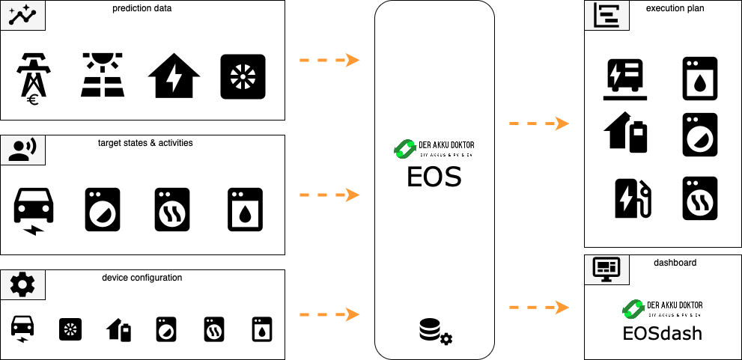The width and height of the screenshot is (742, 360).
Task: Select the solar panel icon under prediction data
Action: [103, 76]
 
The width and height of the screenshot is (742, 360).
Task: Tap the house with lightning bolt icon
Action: [174, 76]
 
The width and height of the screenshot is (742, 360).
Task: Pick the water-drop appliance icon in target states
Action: [245, 210]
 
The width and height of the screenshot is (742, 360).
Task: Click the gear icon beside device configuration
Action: [22, 284]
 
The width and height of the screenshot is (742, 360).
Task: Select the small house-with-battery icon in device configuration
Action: [119, 329]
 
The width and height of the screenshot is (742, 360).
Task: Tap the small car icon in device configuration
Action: [22, 329]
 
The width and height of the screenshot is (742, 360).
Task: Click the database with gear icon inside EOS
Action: [435, 332]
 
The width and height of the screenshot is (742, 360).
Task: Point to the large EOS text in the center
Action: [434, 177]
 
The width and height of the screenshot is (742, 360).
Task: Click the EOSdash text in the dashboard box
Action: [662, 333]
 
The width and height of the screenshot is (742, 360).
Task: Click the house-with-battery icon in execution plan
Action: [626, 133]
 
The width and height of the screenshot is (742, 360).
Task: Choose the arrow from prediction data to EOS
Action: [329, 60]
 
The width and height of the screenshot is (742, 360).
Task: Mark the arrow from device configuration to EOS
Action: [329, 314]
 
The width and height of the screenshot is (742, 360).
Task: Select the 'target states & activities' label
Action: [145, 143]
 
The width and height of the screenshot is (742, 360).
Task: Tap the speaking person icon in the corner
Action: [22, 150]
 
